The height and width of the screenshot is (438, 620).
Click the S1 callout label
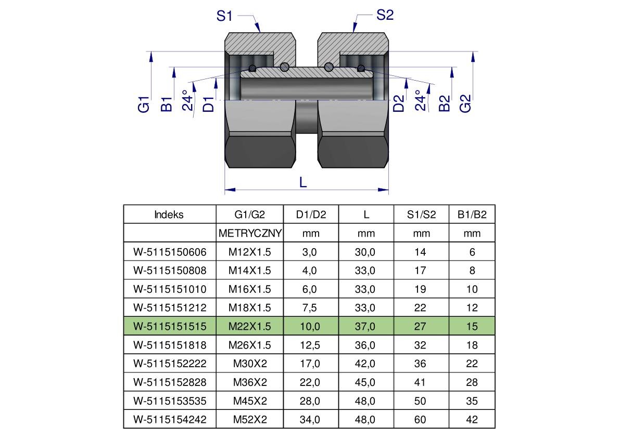tap(224, 16)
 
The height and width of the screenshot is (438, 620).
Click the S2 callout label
tap(385, 15)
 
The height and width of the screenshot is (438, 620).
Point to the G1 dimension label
tap(144, 104)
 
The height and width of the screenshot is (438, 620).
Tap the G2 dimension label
tap(466, 104)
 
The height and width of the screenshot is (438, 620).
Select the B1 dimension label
tap(167, 104)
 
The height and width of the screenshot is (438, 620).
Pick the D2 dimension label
tap(399, 104)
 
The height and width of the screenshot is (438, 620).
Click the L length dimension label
tap(303, 183)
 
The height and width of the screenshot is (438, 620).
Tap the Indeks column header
tap(169, 214)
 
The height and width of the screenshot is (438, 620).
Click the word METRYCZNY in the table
tap(250, 234)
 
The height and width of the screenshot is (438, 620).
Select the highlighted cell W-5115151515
tap(170, 326)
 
